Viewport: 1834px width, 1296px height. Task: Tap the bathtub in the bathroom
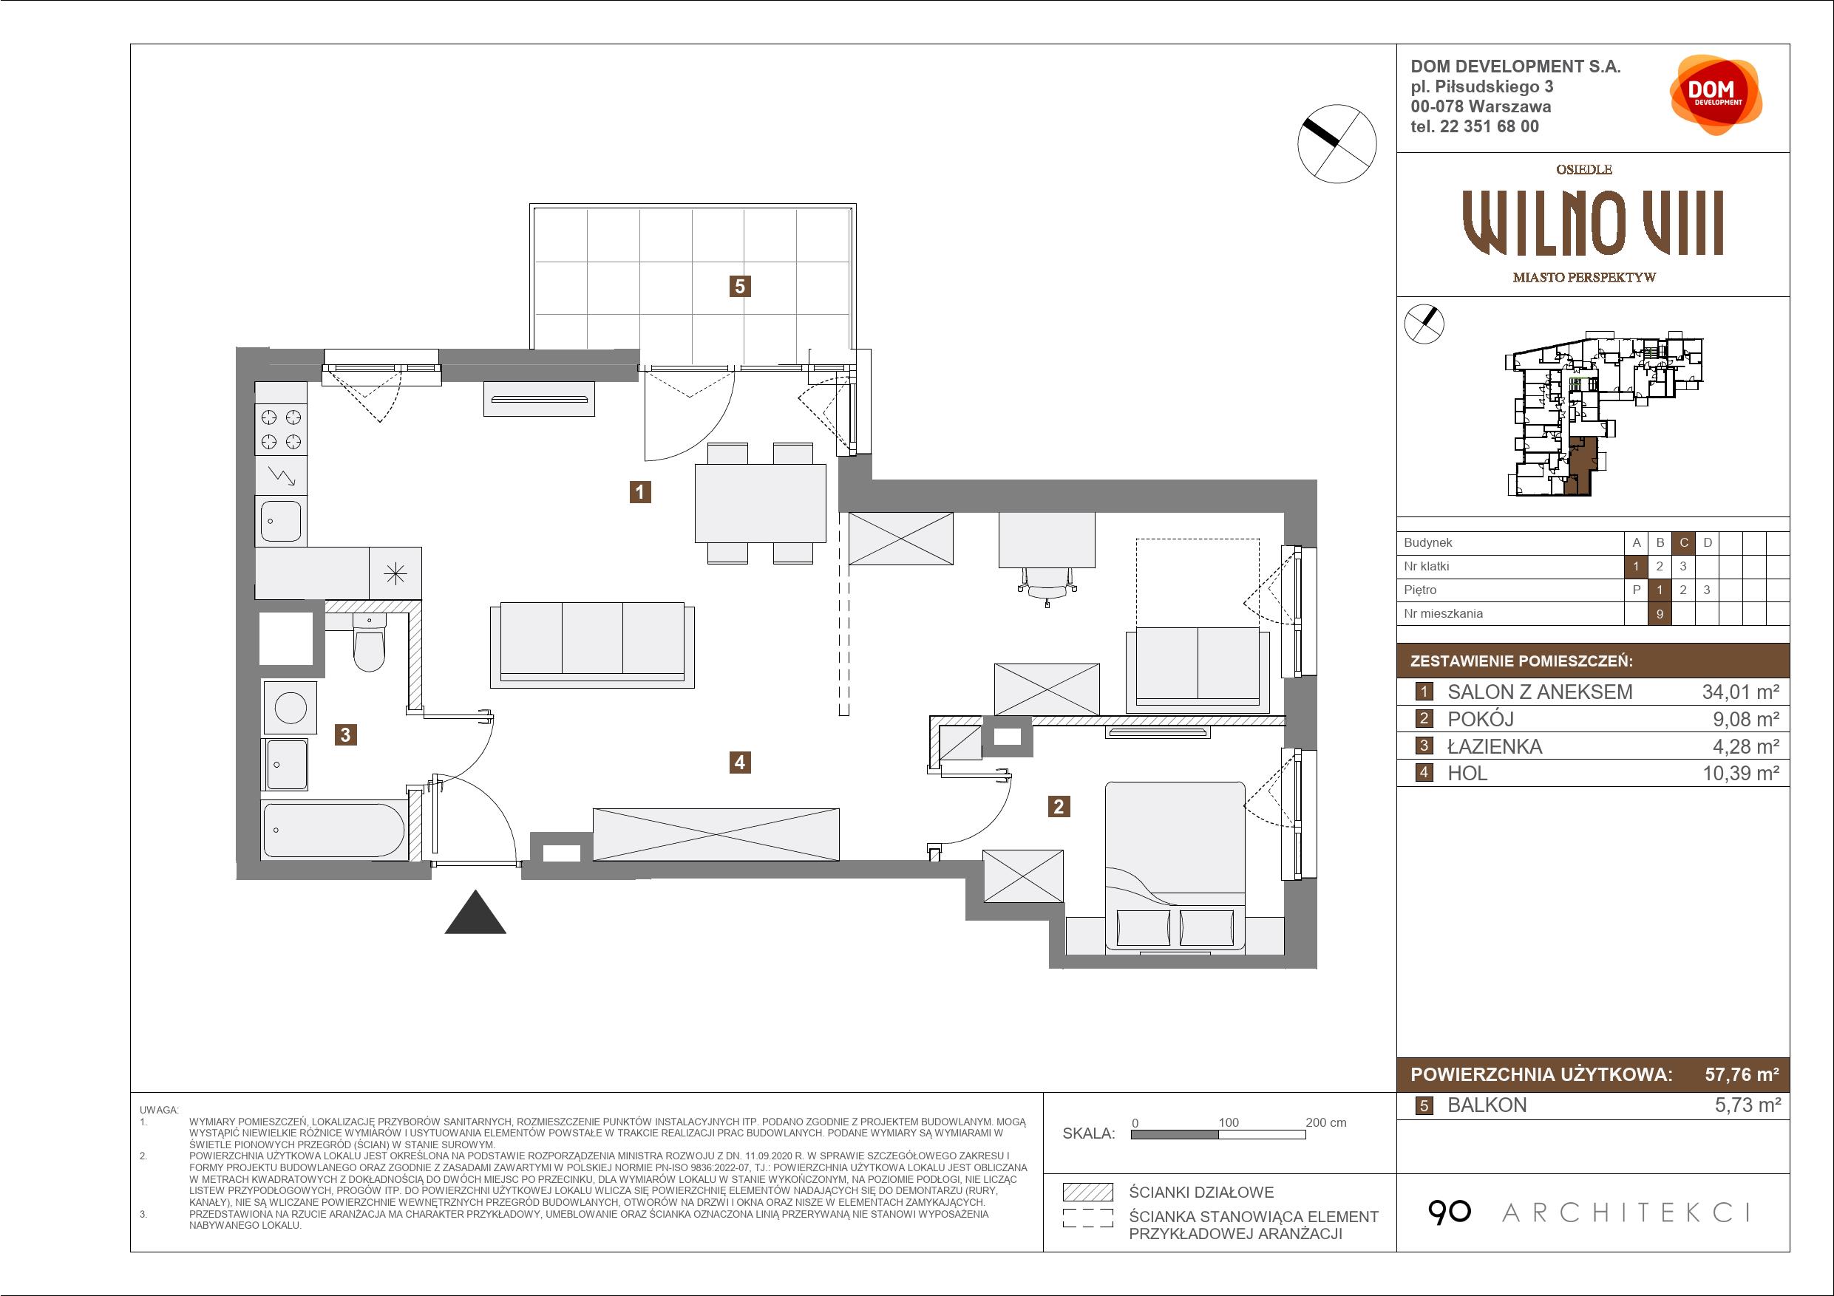pos(335,830)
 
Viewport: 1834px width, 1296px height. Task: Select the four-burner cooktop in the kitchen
pos(281,429)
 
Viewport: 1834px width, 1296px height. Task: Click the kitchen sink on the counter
pos(280,520)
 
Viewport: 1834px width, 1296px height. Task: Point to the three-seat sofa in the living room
pos(592,644)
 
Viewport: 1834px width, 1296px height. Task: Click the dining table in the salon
pos(761,504)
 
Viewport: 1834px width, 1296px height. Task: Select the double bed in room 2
pos(1174,867)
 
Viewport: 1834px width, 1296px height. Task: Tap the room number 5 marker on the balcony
pos(741,286)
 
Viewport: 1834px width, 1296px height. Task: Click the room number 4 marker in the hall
pos(740,763)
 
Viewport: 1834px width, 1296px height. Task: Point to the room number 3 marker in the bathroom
pos(346,734)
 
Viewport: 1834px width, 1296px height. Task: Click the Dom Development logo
pos(1715,95)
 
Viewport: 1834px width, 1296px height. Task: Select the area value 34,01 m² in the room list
pos(1741,692)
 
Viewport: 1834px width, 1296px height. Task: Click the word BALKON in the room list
pos(1487,1105)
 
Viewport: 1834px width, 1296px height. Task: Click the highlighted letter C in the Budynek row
pos(1684,543)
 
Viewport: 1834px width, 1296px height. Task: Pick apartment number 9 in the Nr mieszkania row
pos(1660,614)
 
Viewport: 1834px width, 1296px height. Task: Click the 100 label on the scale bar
pos(1229,1122)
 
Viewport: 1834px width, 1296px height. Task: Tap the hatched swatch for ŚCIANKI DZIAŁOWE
pos(1088,1193)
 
